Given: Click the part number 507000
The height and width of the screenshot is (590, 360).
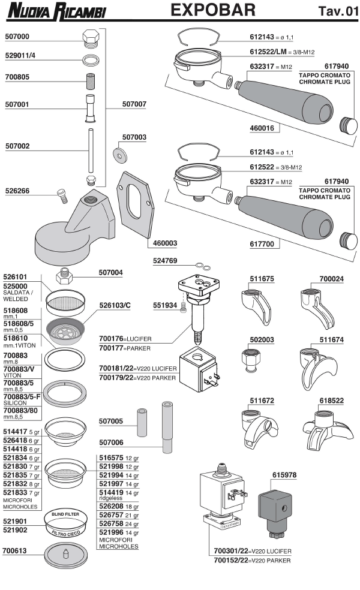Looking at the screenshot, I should point(17,36).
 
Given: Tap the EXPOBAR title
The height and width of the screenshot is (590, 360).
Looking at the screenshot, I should point(213,10).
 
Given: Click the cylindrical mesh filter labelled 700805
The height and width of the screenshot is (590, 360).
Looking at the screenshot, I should point(91,79).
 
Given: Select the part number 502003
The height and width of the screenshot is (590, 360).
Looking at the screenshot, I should point(262,340).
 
